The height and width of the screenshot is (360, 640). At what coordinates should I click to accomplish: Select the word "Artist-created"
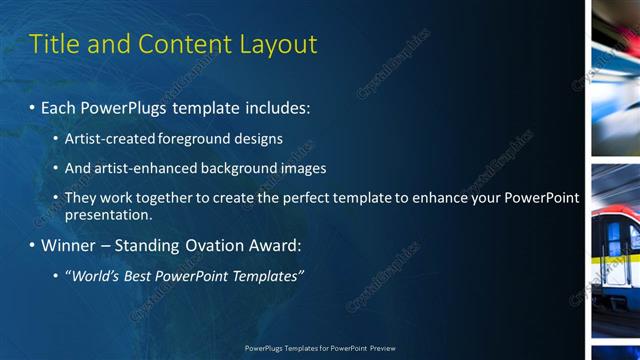pos(107,139)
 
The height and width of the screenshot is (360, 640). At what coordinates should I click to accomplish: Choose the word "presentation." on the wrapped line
pos(108,214)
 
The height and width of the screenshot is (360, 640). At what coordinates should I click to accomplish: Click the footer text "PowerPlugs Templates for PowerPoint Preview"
pos(320,348)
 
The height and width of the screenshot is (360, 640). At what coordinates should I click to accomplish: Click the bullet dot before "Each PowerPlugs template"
pos(32,106)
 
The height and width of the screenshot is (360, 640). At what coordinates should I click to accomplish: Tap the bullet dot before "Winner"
pos(32,245)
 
